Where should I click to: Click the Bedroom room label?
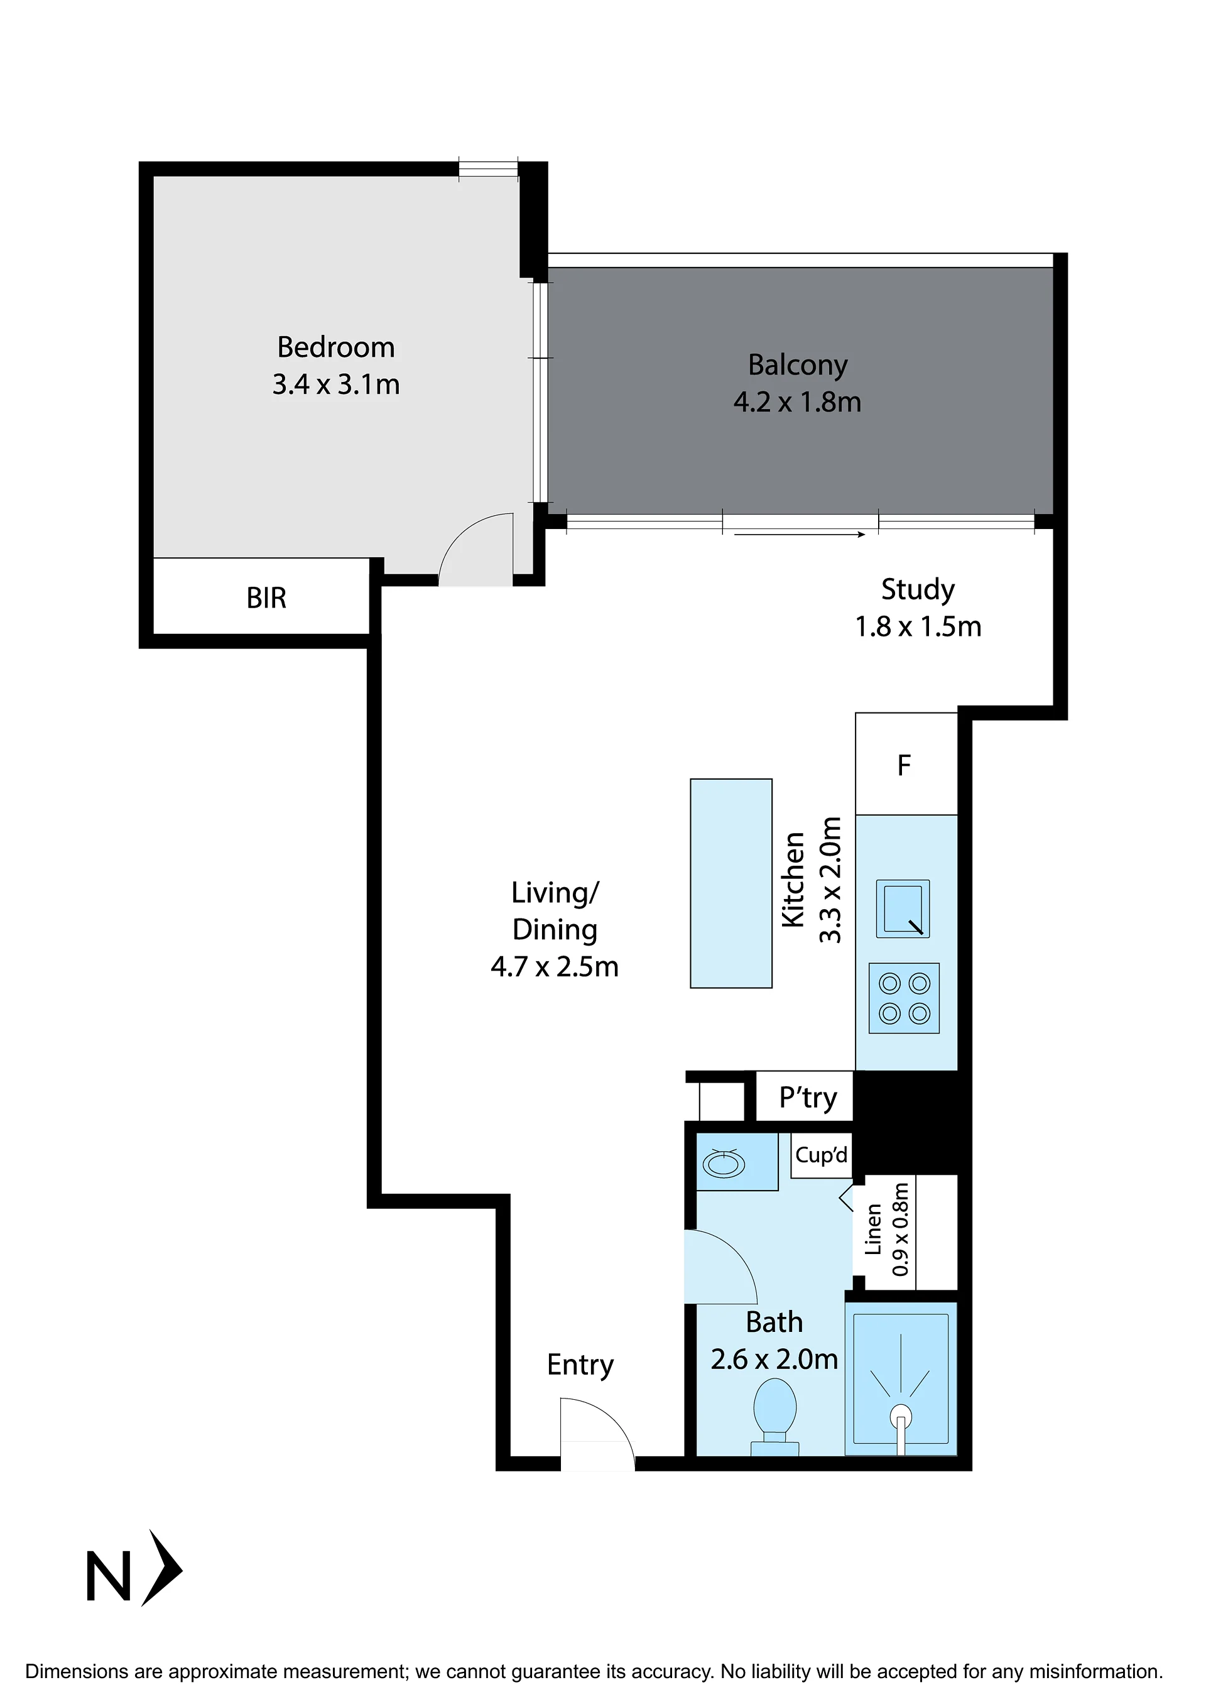coord(335,348)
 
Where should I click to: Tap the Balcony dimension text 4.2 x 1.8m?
coord(797,402)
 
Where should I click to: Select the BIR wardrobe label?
coord(266,597)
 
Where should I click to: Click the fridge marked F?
coord(906,763)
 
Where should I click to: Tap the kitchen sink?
coord(903,908)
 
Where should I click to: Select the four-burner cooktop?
coord(904,998)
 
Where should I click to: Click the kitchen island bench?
coord(731,883)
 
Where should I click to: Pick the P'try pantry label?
coord(808,1098)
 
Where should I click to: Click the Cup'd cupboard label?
coord(821,1155)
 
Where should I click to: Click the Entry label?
coord(580,1365)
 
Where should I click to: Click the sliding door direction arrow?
coord(800,534)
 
